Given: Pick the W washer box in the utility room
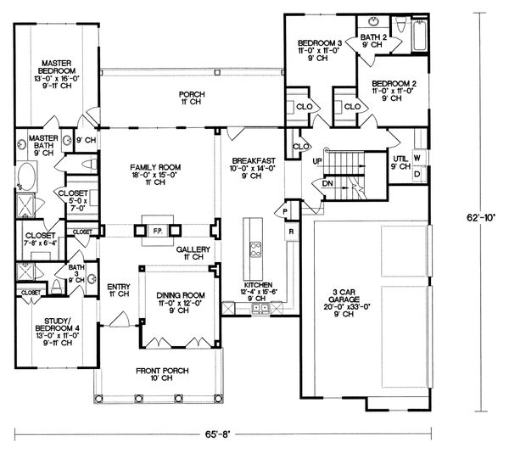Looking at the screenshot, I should click(x=417, y=159).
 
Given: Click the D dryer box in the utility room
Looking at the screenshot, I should click(x=417, y=174).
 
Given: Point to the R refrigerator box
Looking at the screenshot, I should click(x=291, y=230).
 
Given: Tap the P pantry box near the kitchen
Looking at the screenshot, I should click(x=286, y=210).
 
